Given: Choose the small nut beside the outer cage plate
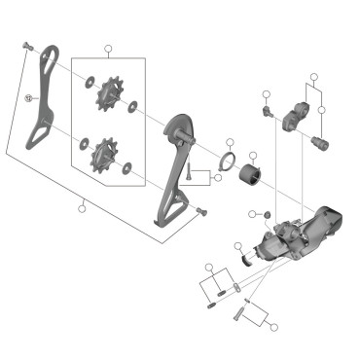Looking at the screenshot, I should point(30,97).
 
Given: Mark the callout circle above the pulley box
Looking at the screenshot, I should point(108,48).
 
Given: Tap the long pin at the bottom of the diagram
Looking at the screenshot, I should point(239,313).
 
